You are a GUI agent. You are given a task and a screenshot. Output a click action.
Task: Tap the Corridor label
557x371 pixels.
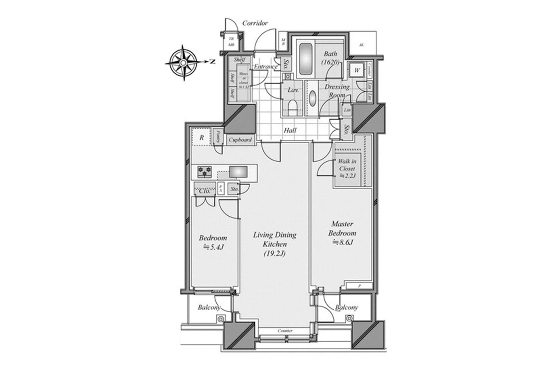pyautogui.click(x=255, y=23)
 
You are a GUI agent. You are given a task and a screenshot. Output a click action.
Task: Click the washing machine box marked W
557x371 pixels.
pyautogui.click(x=357, y=70)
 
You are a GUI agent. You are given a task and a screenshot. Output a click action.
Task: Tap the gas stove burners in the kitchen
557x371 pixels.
pyautogui.click(x=205, y=172)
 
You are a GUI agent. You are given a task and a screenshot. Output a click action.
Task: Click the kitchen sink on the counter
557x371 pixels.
pyautogui.click(x=238, y=172)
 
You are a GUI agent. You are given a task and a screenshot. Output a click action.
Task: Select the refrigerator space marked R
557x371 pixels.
pyautogui.click(x=202, y=138)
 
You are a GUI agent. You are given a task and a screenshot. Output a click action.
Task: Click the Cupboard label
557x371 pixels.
pyautogui.click(x=240, y=140)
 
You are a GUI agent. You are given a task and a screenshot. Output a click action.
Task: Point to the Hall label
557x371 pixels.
pyautogui.click(x=290, y=130)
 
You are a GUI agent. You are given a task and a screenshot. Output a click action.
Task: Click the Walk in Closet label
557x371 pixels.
pyautogui.click(x=347, y=168)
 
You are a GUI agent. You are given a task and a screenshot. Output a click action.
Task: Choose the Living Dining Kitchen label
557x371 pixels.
pyautogui.click(x=275, y=244)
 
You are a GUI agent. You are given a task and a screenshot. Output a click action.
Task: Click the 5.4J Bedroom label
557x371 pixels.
pyautogui.click(x=213, y=242)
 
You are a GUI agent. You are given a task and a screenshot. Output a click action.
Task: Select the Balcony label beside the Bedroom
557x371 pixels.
pyautogui.click(x=209, y=307)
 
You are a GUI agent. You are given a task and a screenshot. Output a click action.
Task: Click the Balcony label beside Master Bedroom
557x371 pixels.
pyautogui.click(x=346, y=307)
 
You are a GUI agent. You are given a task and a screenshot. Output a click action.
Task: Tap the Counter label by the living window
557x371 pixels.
pyautogui.click(x=285, y=330)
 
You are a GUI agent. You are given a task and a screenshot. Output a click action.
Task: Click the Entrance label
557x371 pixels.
pyautogui.click(x=265, y=66)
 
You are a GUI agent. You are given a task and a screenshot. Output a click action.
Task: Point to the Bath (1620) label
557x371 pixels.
pyautogui.click(x=330, y=58)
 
